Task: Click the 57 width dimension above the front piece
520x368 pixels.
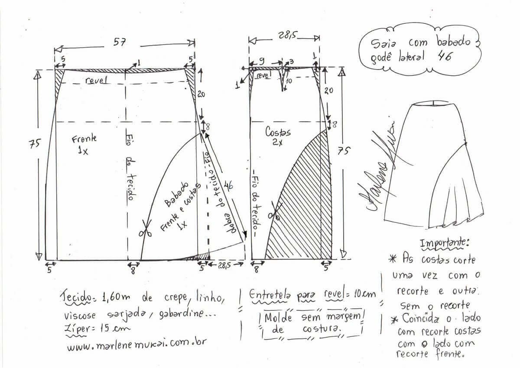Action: pyautogui.click(x=120, y=42)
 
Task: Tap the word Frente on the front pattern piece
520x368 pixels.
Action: pyautogui.click(x=84, y=139)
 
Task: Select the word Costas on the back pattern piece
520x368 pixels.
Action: pyautogui.click(x=278, y=132)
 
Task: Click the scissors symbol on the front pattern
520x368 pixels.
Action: pyautogui.click(x=146, y=229)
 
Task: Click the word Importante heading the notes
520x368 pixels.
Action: pyautogui.click(x=444, y=243)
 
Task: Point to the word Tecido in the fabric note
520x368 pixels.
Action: pyautogui.click(x=75, y=297)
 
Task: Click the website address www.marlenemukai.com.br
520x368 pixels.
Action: pyautogui.click(x=136, y=343)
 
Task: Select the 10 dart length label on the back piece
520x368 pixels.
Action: pyautogui.click(x=289, y=81)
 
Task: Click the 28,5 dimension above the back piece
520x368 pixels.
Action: pyautogui.click(x=287, y=35)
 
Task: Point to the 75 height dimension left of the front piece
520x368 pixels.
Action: pyautogui.click(x=35, y=143)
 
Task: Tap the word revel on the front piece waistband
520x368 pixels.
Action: pyautogui.click(x=97, y=80)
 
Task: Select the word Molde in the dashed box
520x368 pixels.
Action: pyautogui.click(x=278, y=317)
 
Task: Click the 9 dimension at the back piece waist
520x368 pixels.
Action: pyautogui.click(x=262, y=61)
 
